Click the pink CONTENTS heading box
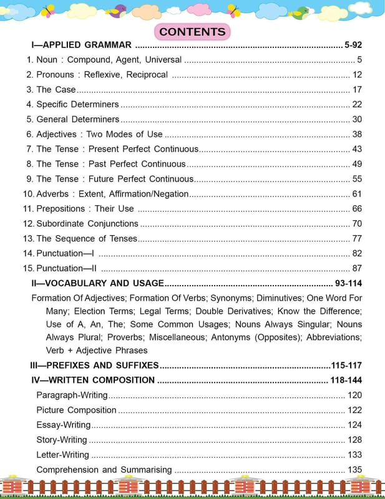point(192,31)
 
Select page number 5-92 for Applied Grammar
point(353,45)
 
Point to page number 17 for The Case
point(357,90)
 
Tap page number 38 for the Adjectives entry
point(357,134)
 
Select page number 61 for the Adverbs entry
point(357,194)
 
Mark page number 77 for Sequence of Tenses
point(357,238)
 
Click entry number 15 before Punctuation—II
point(28,268)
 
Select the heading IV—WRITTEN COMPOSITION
point(92,380)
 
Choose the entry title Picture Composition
point(76,410)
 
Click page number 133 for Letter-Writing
point(354,455)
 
